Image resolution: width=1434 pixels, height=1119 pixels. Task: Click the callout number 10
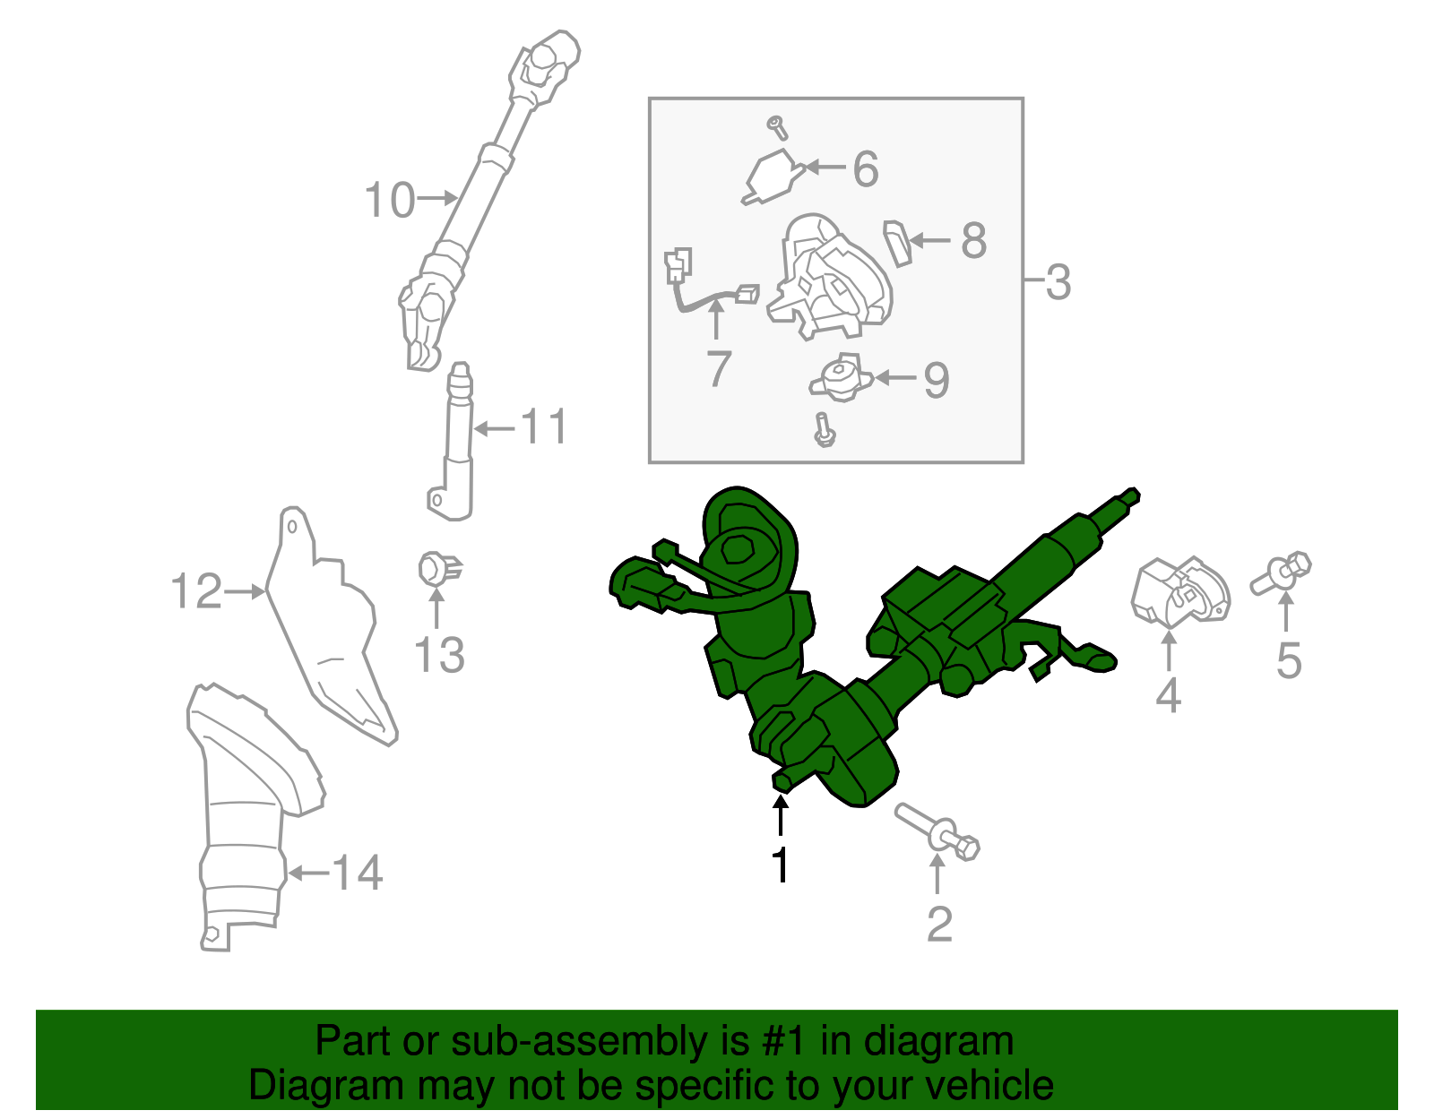(389, 200)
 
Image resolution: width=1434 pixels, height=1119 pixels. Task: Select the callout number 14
(358, 873)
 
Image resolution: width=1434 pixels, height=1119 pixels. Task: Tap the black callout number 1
(781, 865)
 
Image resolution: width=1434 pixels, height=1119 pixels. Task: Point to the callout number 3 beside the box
(1058, 282)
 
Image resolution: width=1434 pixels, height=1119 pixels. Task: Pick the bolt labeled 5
(1283, 572)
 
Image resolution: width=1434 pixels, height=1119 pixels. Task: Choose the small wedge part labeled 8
(898, 242)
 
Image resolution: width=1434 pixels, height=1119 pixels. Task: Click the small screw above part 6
(778, 127)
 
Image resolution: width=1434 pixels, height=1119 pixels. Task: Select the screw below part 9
(824, 431)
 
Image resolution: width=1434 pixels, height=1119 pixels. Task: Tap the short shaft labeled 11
(458, 448)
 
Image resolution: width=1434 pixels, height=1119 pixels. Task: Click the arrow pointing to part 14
(307, 873)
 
